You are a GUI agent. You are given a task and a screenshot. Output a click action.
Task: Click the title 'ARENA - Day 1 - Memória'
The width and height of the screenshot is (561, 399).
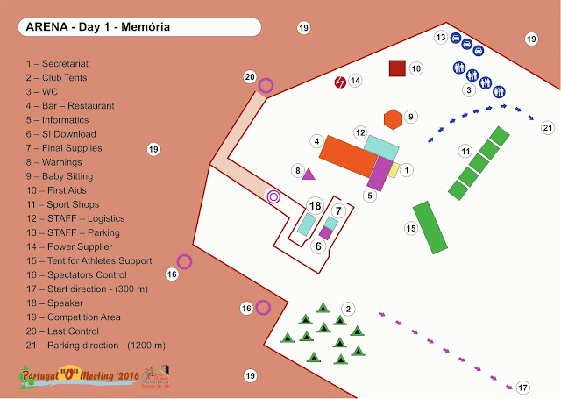point(98,27)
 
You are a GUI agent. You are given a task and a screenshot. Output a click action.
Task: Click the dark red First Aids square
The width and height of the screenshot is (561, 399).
point(397,68)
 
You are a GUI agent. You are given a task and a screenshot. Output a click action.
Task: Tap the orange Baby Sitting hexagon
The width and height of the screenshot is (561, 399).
point(393,118)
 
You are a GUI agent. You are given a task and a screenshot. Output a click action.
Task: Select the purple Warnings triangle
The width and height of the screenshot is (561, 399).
point(309,174)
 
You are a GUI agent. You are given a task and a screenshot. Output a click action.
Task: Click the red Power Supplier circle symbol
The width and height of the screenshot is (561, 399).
point(339,82)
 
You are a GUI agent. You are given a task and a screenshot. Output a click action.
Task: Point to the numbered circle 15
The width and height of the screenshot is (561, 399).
point(411,229)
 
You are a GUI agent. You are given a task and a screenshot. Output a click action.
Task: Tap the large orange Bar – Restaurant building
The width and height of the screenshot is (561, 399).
point(348,159)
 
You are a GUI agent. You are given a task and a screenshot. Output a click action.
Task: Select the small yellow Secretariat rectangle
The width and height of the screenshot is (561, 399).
point(394,170)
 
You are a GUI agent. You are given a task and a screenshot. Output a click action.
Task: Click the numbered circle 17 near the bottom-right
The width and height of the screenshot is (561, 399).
point(523,387)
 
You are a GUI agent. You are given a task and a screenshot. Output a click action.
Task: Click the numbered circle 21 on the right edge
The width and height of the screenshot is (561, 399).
point(548,128)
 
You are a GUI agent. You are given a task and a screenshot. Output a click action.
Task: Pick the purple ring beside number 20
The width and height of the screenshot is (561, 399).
point(266,85)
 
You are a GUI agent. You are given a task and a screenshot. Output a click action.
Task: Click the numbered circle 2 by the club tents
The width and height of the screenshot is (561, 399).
point(348,308)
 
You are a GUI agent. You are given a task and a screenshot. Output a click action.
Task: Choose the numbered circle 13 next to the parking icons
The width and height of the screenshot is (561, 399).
point(442,38)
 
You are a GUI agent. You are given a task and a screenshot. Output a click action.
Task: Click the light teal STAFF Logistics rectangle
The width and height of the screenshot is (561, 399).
point(381,146)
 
